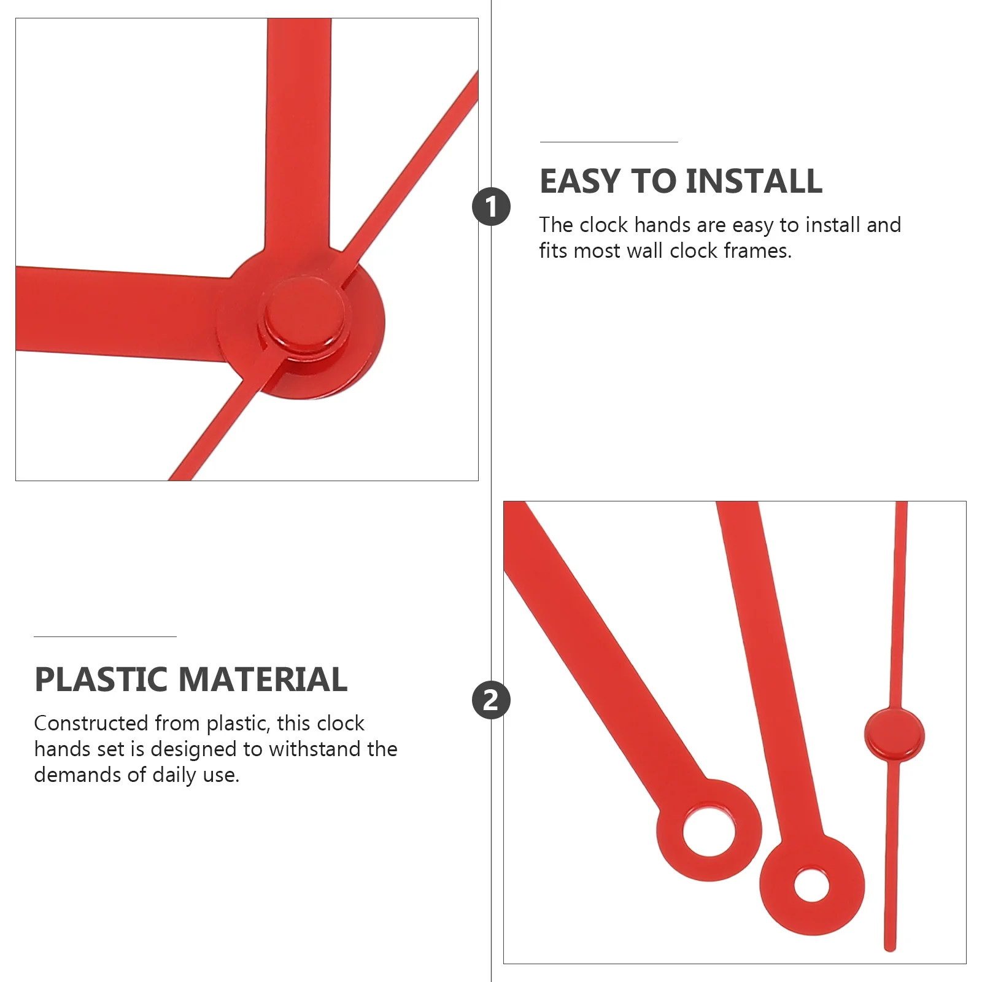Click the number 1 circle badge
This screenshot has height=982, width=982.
491,206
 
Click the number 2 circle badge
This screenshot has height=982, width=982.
491,700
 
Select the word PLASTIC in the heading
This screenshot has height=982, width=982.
101,679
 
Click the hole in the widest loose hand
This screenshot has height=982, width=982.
709,832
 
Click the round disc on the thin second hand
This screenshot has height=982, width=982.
894,735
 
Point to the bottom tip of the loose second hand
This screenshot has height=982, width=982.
890,946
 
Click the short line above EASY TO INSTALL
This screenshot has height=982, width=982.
609,142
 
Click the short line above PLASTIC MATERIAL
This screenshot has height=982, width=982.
105,636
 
